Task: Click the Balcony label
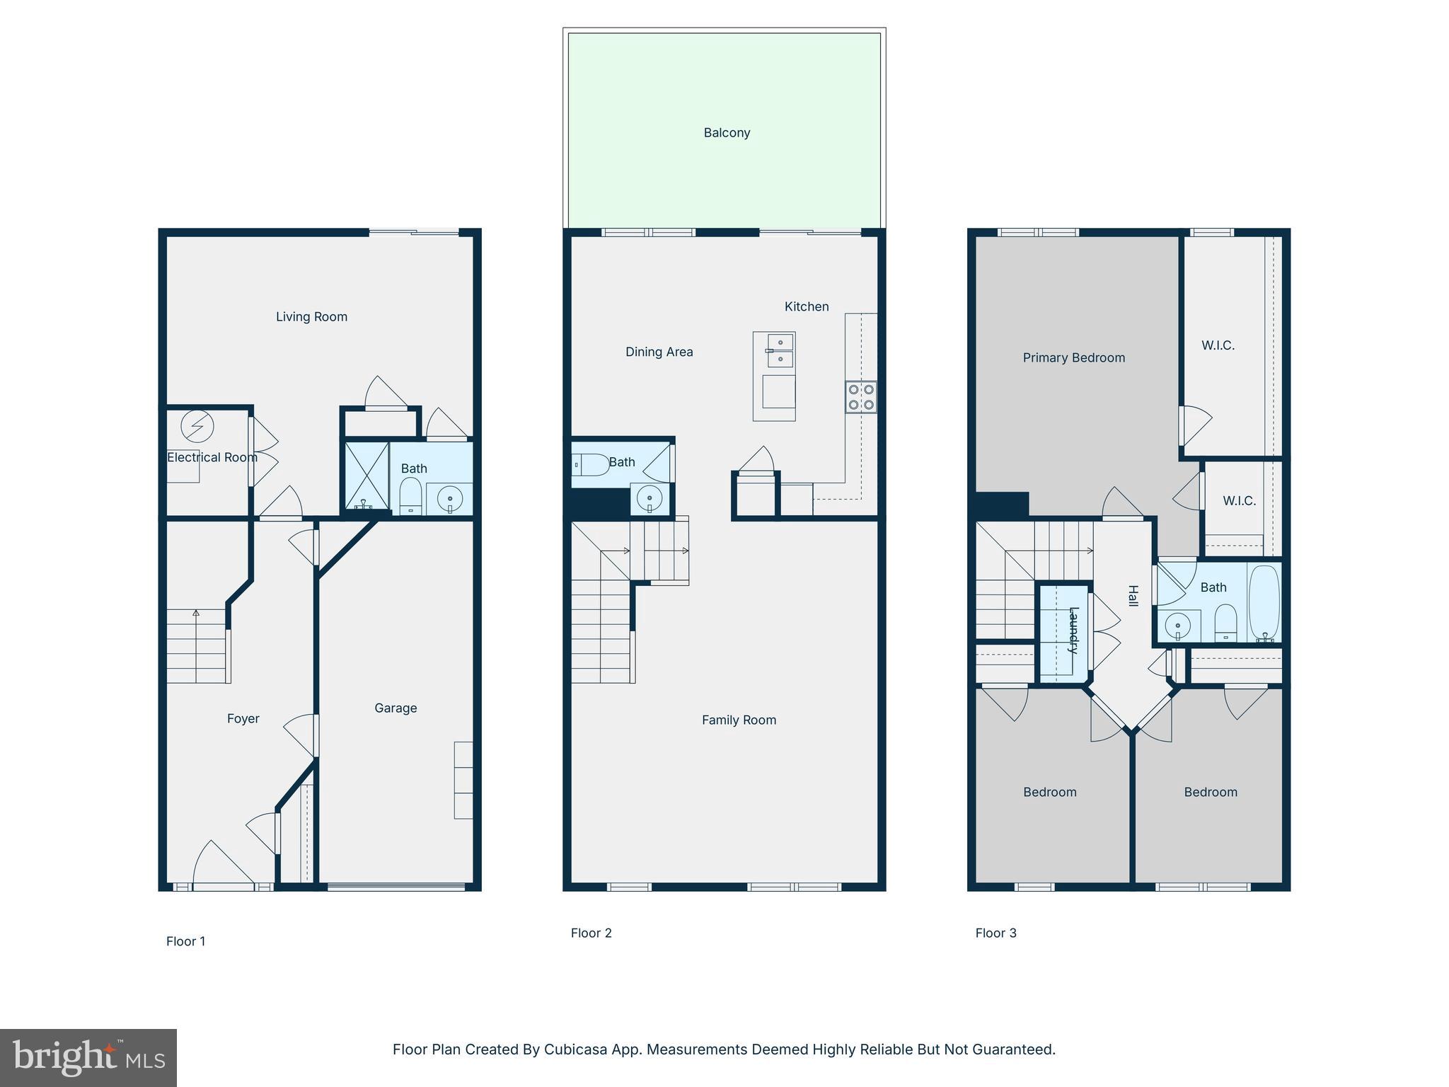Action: click(727, 133)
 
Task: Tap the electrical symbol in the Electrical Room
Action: click(197, 427)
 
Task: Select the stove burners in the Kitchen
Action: click(861, 397)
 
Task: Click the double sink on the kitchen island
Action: click(780, 351)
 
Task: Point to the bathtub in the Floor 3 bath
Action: click(1264, 602)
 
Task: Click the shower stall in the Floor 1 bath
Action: click(366, 475)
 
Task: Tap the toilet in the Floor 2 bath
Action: click(590, 465)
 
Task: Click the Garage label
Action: click(396, 708)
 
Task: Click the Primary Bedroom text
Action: click(1073, 358)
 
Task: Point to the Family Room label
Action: click(739, 720)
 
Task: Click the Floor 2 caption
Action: click(591, 933)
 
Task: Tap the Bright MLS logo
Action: click(88, 1058)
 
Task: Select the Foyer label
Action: click(243, 719)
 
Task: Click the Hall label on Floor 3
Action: click(1133, 596)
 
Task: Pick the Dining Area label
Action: click(659, 352)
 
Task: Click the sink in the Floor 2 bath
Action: click(650, 498)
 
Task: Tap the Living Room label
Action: click(311, 317)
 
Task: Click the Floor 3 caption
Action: click(995, 933)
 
